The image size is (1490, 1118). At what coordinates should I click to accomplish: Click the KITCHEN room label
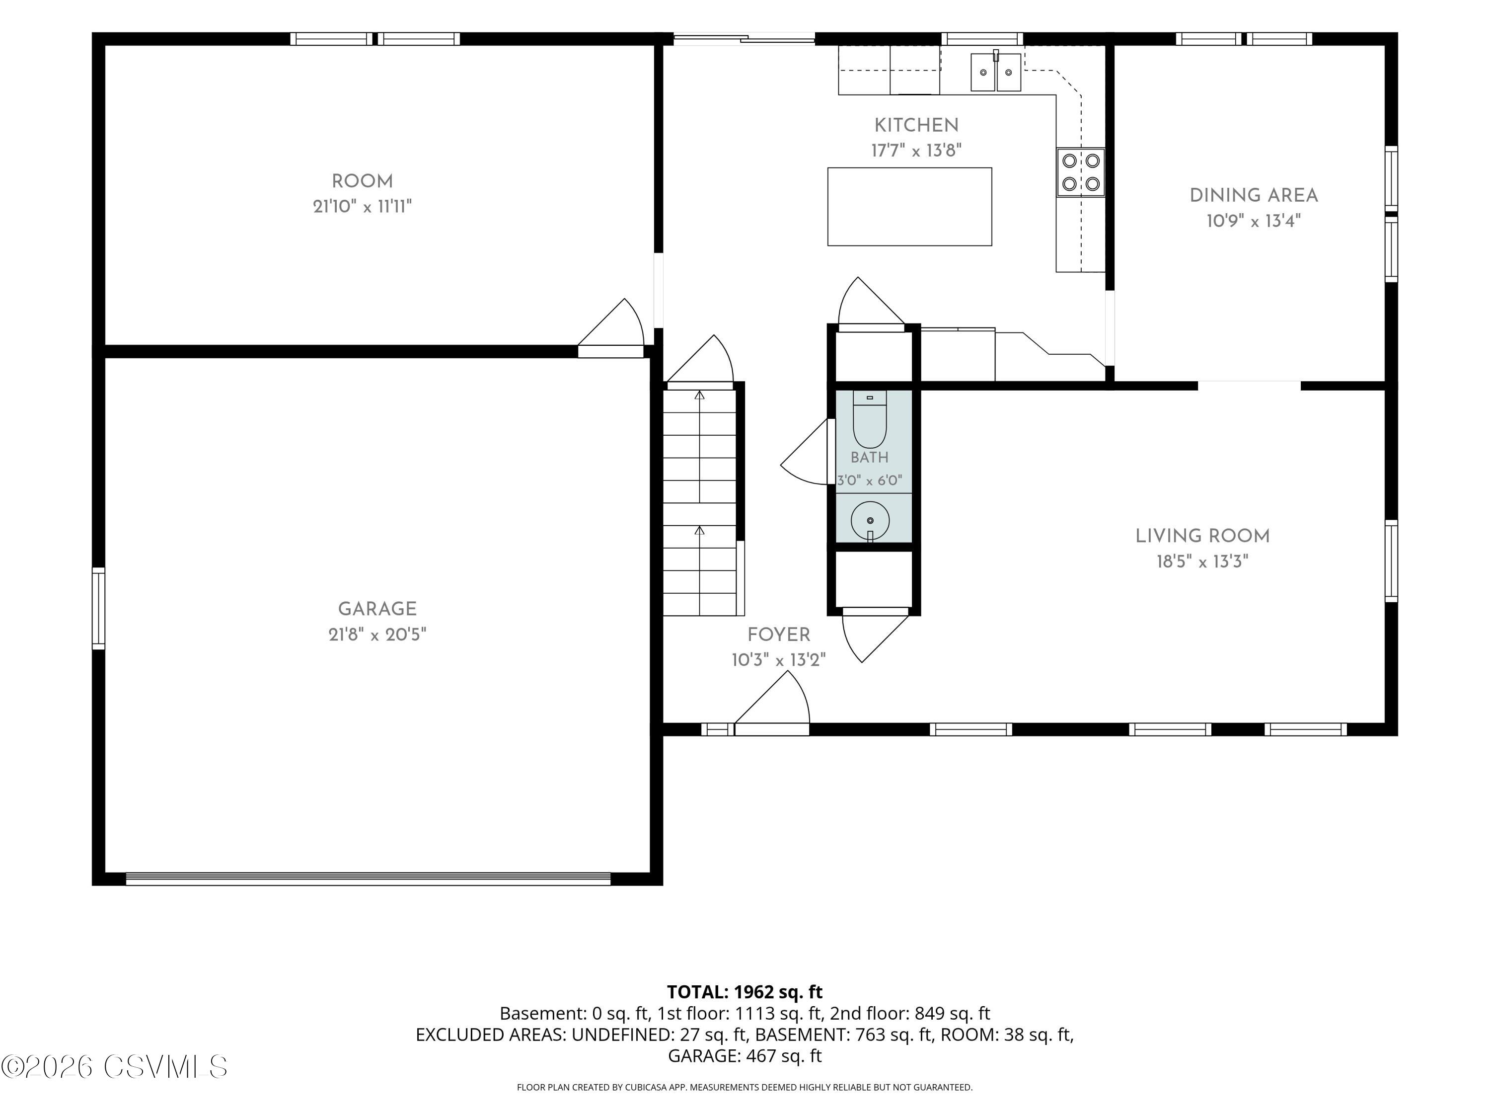click(916, 125)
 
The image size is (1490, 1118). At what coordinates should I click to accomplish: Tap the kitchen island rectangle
click(909, 207)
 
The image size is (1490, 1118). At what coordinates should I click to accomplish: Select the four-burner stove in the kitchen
click(1080, 172)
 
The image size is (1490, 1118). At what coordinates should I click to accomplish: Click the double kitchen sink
click(996, 72)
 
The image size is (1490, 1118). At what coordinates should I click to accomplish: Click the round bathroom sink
click(870, 520)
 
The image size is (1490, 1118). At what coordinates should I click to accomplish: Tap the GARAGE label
click(377, 609)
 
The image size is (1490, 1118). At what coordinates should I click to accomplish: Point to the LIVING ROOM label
click(1202, 537)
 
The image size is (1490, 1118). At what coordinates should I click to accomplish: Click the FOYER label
click(779, 635)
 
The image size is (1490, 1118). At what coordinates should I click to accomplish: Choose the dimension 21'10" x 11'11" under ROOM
click(363, 206)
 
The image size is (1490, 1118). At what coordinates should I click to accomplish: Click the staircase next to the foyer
click(700, 502)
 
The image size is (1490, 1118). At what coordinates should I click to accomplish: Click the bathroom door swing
click(806, 452)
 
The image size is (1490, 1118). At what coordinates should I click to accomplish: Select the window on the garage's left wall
click(98, 609)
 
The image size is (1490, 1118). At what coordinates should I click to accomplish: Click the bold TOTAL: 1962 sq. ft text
click(745, 992)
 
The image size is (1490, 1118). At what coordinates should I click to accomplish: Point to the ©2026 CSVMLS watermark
click(115, 1067)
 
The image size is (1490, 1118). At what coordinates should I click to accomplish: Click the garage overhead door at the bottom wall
click(368, 879)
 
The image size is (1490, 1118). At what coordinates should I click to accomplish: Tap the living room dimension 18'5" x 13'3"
click(1202, 561)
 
